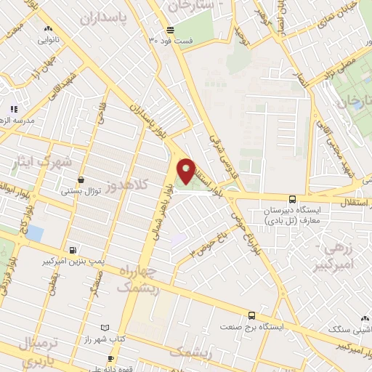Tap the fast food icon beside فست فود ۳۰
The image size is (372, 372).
[x=170, y=31]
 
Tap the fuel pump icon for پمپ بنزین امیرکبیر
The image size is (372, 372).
[x=72, y=249]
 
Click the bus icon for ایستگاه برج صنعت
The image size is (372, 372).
[x=251, y=315]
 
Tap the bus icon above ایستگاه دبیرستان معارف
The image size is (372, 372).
[x=292, y=199]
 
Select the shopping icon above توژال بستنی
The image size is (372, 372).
[x=80, y=179]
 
